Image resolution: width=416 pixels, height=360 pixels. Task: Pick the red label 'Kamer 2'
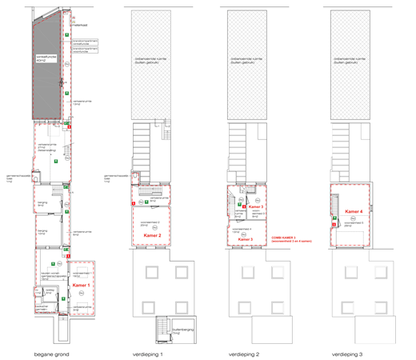coord(154,236)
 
